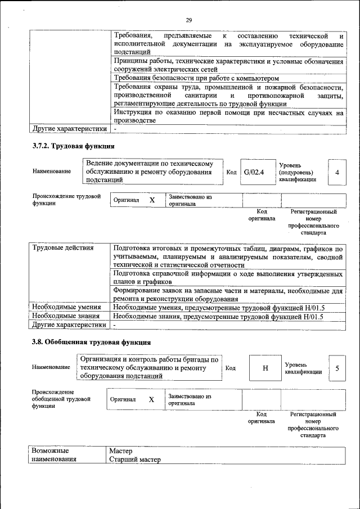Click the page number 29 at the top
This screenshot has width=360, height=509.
click(x=188, y=20)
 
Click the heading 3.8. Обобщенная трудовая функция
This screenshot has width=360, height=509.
click(x=91, y=342)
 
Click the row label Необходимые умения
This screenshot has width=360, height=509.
click(x=66, y=307)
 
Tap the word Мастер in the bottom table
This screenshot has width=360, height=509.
click(x=121, y=451)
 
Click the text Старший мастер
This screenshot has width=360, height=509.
click(x=135, y=460)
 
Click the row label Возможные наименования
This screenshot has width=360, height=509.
click(x=54, y=456)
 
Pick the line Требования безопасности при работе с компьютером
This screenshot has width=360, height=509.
click(x=196, y=78)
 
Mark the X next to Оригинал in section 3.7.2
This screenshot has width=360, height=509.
click(x=152, y=200)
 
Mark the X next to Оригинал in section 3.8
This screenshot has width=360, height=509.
click(x=151, y=399)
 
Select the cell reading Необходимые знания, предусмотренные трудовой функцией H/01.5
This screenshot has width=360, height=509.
click(x=218, y=316)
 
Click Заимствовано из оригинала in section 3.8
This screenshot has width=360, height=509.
click(x=190, y=399)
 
